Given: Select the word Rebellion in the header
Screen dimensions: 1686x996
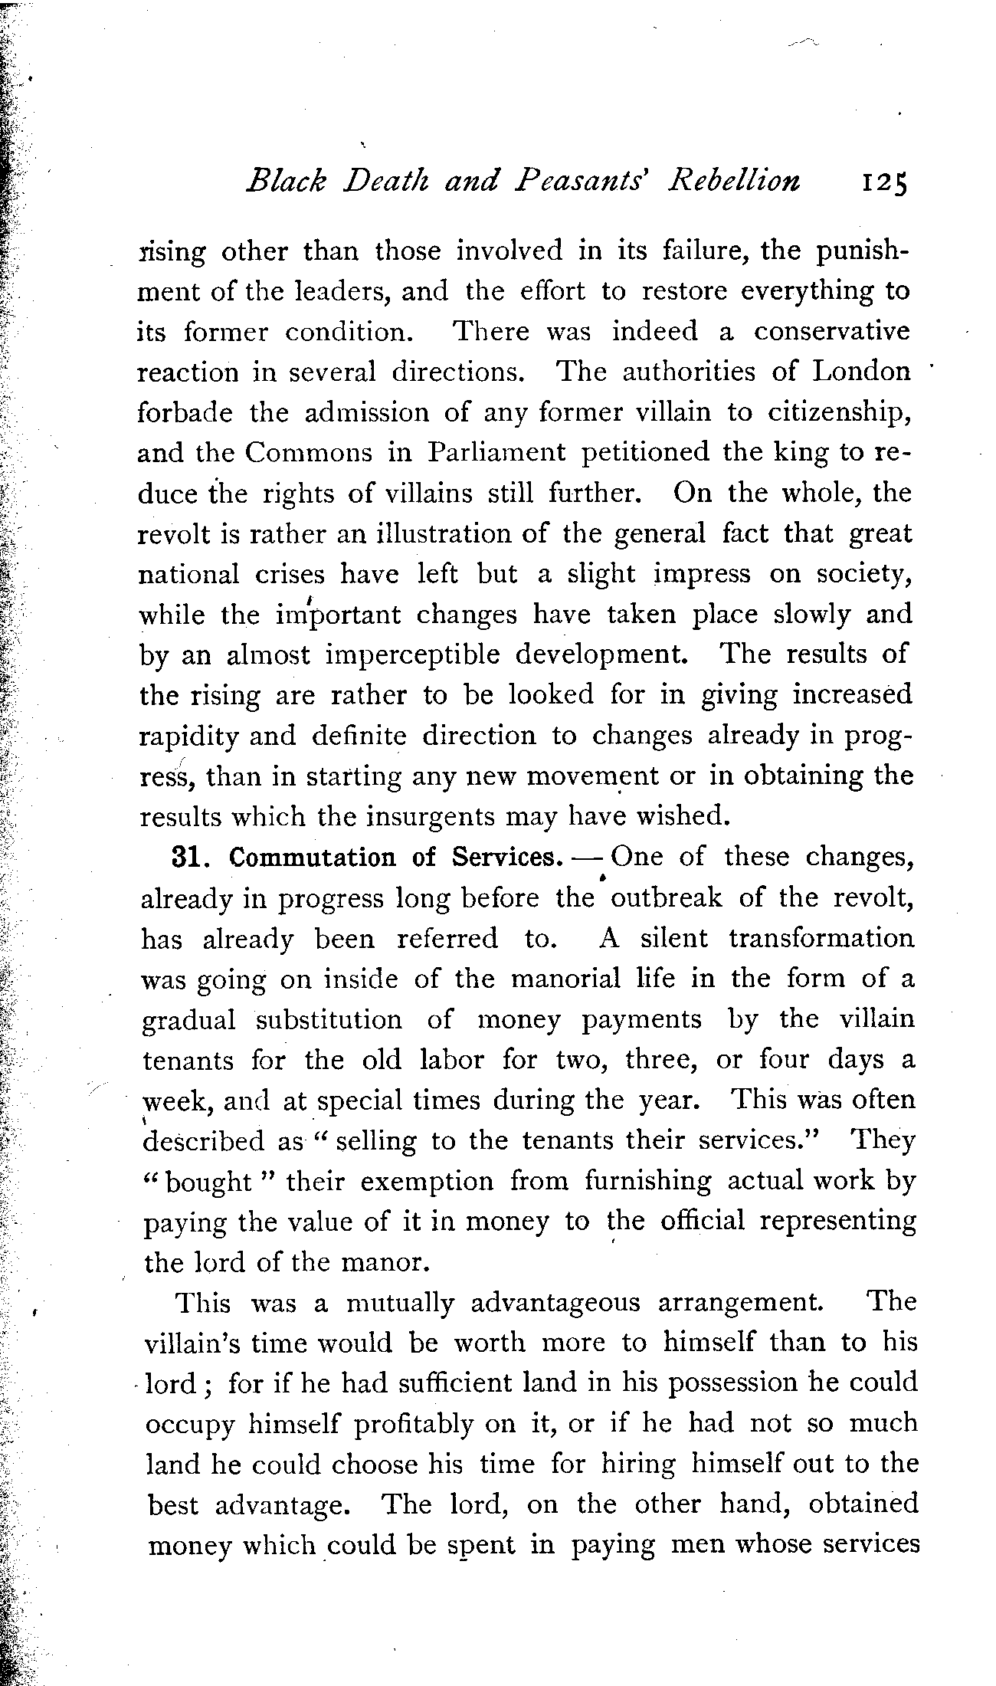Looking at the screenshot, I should coord(735,181).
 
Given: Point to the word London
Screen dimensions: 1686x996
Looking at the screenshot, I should coord(863,372).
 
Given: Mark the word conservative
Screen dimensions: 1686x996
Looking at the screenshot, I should coord(832,332).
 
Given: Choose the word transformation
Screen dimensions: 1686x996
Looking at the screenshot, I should coord(821,939).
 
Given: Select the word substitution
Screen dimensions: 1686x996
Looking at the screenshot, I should coord(329,1020).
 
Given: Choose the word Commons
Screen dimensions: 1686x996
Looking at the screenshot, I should coord(308,453).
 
